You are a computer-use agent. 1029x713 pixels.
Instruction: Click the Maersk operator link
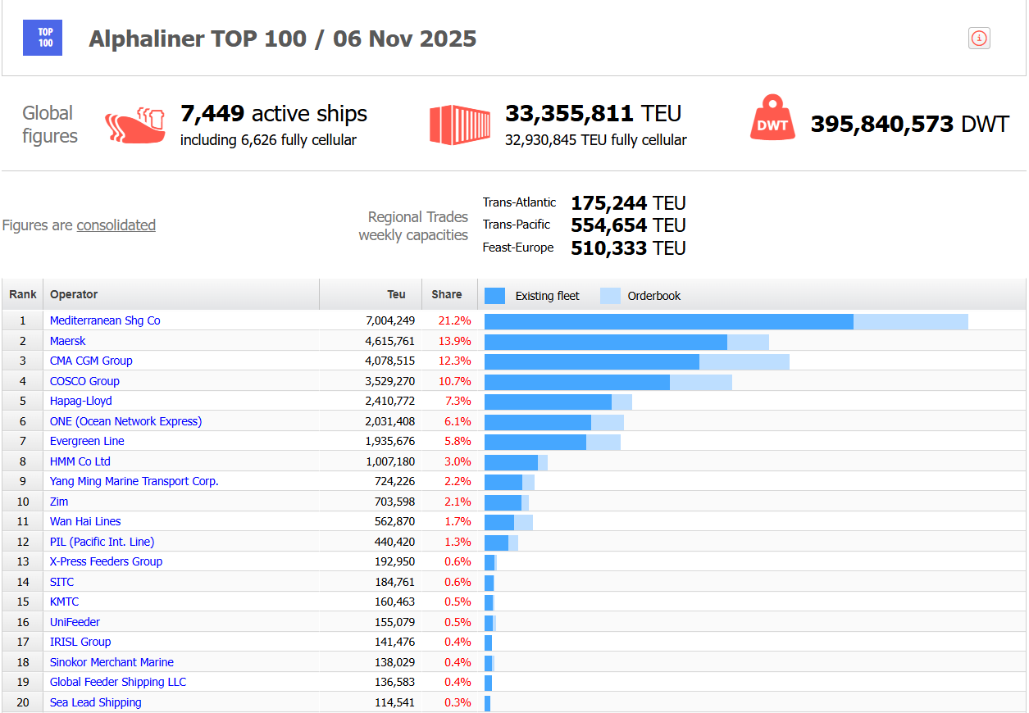point(67,341)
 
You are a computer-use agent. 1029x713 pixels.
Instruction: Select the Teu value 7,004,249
point(390,320)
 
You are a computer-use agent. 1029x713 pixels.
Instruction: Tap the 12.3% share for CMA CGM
point(458,361)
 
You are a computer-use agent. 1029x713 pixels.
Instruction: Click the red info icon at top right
point(979,39)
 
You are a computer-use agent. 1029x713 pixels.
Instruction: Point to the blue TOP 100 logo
point(45,39)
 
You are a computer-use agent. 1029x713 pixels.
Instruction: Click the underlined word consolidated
point(116,225)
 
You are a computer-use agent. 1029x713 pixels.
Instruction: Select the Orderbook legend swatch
point(610,296)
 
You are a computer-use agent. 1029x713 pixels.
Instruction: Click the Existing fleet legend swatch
point(494,296)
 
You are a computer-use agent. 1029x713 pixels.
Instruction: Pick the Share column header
point(447,294)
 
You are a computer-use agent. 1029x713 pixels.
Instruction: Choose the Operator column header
point(74,294)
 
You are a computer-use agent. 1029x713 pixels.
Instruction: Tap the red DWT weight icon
point(772,119)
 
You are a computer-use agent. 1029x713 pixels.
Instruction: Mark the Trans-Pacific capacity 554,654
point(608,225)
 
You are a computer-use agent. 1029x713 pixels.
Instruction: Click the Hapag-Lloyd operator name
point(80,401)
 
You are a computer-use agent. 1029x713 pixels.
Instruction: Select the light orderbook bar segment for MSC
point(910,321)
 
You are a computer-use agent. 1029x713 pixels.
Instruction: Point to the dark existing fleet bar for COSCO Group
point(576,382)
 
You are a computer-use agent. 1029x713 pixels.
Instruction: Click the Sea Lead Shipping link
point(95,702)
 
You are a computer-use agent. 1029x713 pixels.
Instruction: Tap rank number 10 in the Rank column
point(23,502)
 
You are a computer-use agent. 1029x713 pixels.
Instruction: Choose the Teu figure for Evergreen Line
point(390,441)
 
